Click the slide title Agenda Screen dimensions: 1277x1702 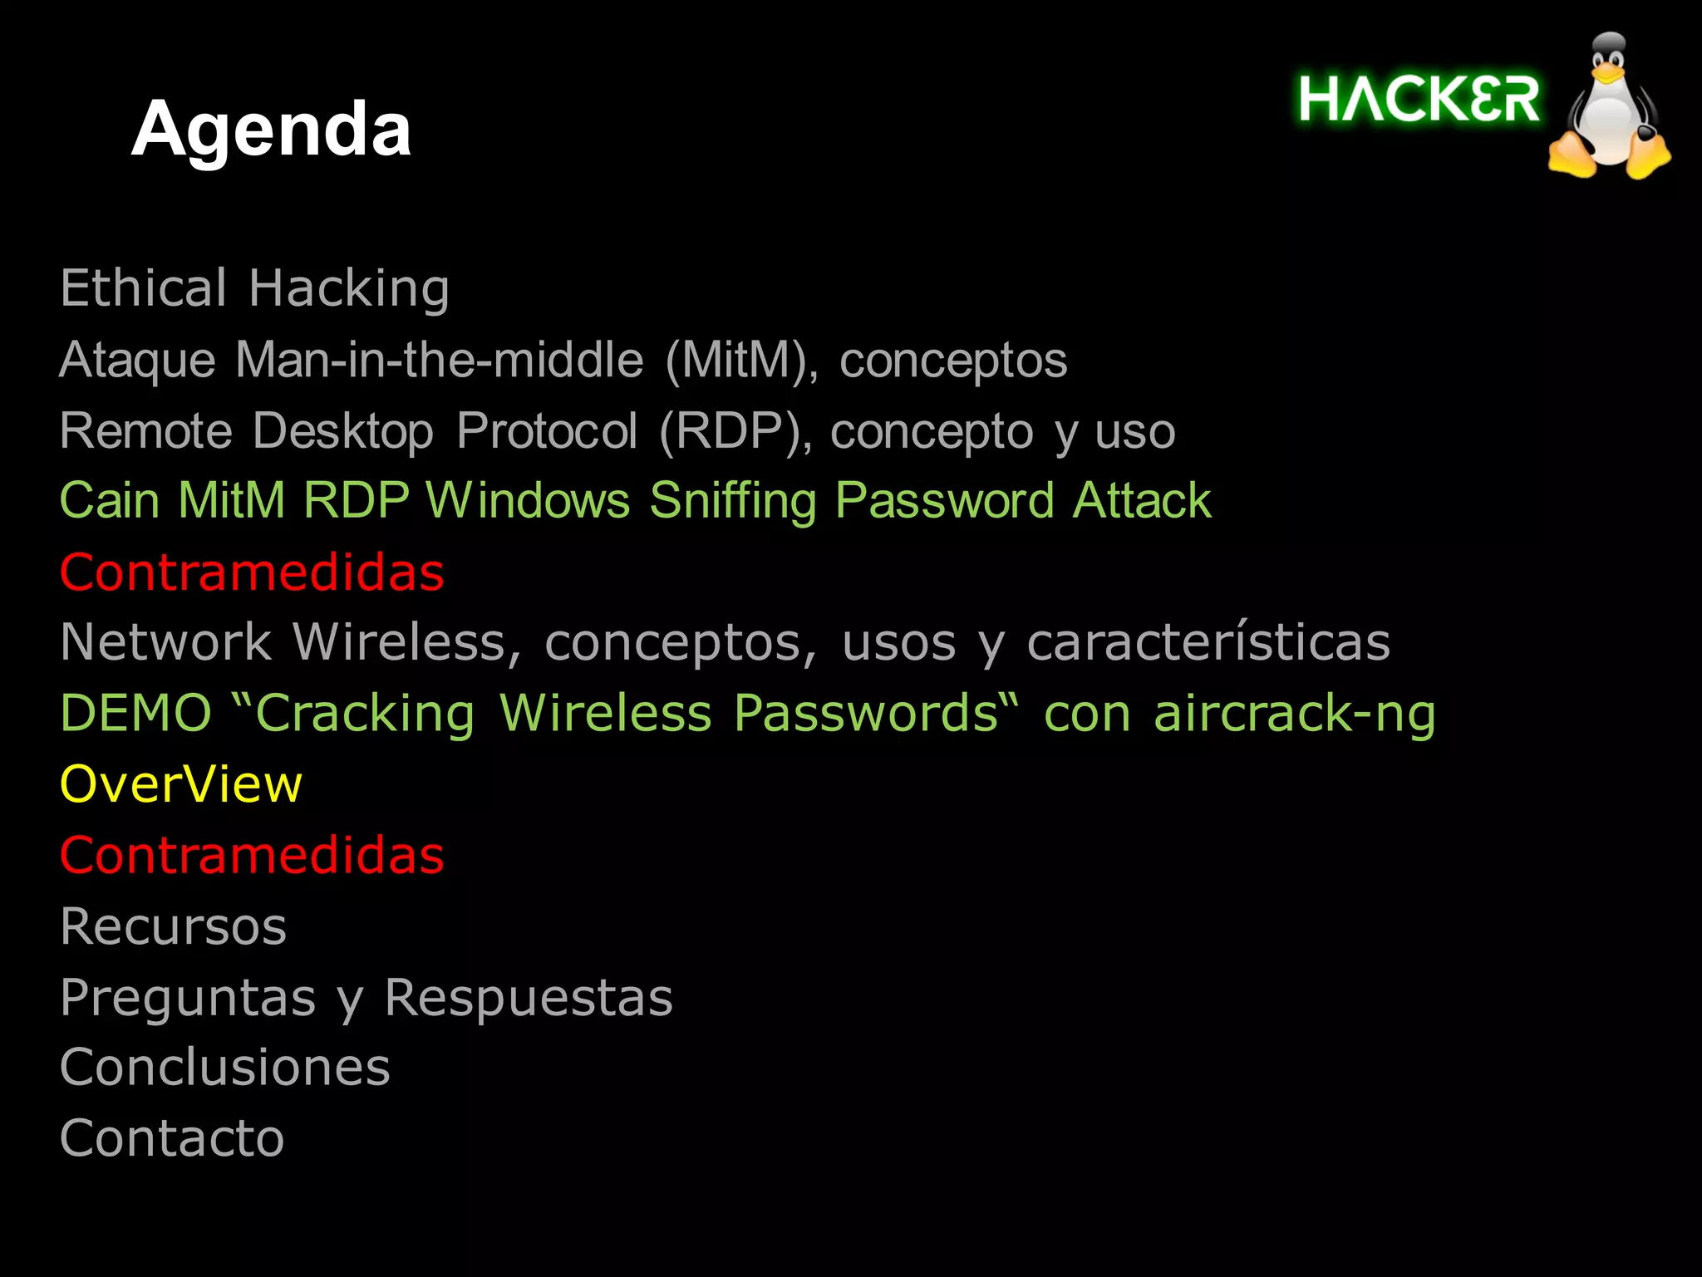point(271,129)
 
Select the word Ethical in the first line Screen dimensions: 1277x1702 point(143,288)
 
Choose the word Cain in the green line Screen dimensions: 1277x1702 point(110,501)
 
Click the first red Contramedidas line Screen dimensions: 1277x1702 point(252,572)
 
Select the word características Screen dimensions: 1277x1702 point(1208,642)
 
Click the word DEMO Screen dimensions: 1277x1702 point(136,714)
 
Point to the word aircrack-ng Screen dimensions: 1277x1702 point(1294,714)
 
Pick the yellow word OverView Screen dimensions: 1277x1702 point(181,784)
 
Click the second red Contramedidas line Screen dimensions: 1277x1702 point(252,855)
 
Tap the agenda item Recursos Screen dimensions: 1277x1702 point(173,926)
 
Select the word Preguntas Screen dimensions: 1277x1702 point(188,998)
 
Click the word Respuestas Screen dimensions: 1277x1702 point(529,998)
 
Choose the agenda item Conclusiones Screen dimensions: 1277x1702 point(225,1068)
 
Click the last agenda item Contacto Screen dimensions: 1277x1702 point(172,1138)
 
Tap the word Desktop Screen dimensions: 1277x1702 point(342,431)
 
